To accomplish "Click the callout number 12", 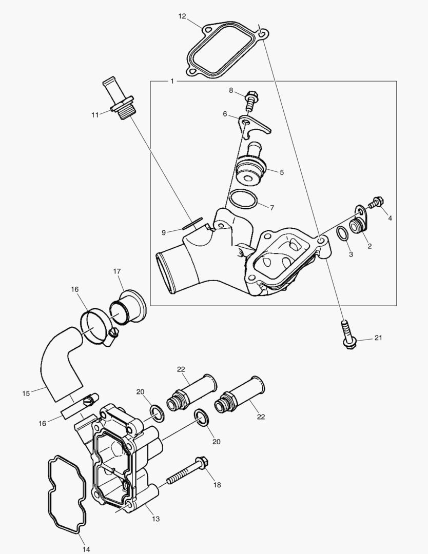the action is click(x=182, y=16).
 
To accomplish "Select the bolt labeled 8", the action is click(x=251, y=100).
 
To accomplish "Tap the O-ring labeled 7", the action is click(x=243, y=199).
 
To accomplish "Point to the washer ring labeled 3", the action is click(x=342, y=233).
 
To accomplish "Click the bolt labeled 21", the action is click(x=348, y=334).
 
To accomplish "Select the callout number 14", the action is click(x=86, y=549).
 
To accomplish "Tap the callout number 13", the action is click(x=156, y=519).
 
